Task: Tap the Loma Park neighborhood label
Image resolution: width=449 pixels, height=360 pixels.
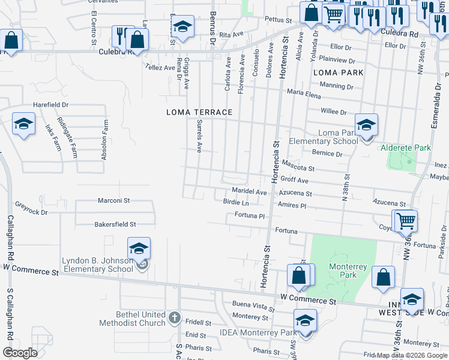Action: click(339, 73)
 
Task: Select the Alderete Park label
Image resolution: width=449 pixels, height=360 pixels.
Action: click(406, 148)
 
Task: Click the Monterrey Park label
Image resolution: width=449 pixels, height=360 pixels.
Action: click(343, 270)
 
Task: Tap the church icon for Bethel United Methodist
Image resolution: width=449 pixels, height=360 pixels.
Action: click(174, 317)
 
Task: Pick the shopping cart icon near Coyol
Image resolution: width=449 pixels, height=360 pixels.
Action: click(406, 221)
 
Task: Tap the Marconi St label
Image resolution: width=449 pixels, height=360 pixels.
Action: click(114, 200)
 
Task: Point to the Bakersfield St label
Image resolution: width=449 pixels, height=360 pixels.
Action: click(115, 224)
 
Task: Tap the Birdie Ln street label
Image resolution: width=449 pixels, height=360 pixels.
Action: click(235, 203)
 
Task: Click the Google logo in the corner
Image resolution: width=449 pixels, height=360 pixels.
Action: click(19, 353)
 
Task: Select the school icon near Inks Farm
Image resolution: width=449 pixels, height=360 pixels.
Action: click(23, 124)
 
